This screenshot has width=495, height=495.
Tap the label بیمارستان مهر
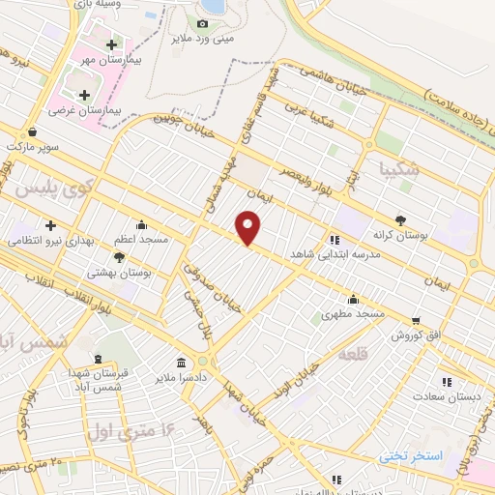click(x=134, y=60)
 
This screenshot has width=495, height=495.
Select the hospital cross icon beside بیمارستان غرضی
click(x=84, y=95)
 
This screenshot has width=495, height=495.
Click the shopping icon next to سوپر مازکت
click(x=35, y=132)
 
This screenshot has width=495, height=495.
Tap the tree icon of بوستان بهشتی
click(x=119, y=257)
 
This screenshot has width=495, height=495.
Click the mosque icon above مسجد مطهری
click(x=353, y=299)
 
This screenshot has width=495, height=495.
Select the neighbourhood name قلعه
click(x=353, y=356)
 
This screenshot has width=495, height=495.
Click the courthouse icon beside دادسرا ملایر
click(x=181, y=361)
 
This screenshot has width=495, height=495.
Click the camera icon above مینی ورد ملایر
click(x=202, y=23)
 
